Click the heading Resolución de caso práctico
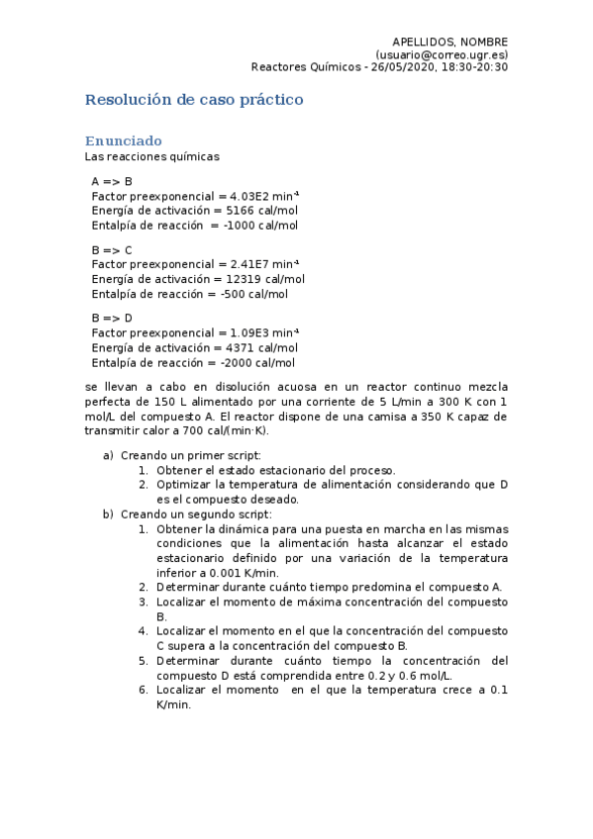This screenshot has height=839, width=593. pos(194,100)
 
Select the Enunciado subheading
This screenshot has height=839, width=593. pos(123,140)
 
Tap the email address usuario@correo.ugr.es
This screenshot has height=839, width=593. pos(443,54)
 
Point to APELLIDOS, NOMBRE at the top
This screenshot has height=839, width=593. pos(449,41)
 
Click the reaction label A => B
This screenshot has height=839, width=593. pos(112,182)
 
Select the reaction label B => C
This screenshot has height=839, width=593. pos(112,250)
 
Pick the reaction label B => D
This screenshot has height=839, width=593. pos(112,319)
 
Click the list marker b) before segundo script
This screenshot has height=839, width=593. pos(108,513)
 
